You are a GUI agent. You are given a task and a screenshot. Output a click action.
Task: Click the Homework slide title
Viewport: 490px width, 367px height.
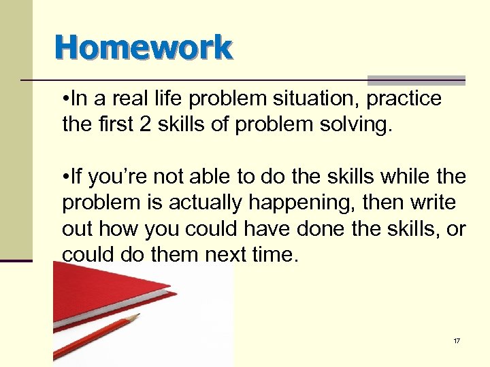point(144,48)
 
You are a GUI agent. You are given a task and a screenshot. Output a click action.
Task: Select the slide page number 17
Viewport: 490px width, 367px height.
point(457,340)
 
